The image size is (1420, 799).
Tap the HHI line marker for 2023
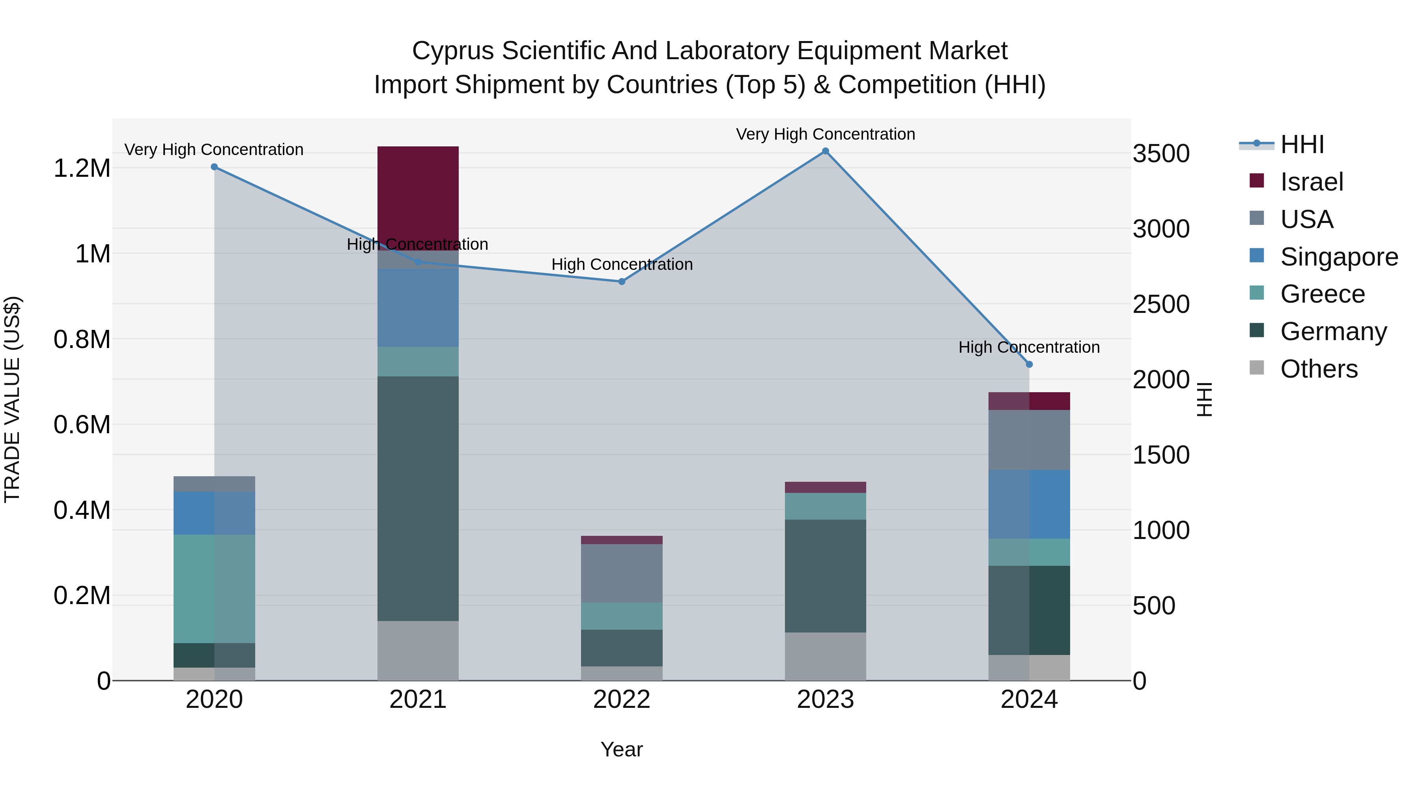click(x=825, y=151)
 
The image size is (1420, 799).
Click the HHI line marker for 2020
click(x=215, y=167)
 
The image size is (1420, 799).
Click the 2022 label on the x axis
click(x=621, y=700)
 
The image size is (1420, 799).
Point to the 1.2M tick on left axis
click(x=82, y=168)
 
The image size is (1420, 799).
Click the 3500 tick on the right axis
click(x=1160, y=154)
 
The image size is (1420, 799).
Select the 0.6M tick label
click(x=82, y=425)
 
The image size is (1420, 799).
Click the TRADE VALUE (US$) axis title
click(x=12, y=399)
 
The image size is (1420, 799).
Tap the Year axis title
click(x=621, y=749)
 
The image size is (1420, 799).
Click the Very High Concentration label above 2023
click(x=825, y=134)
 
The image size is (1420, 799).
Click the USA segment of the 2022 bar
click(x=621, y=573)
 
